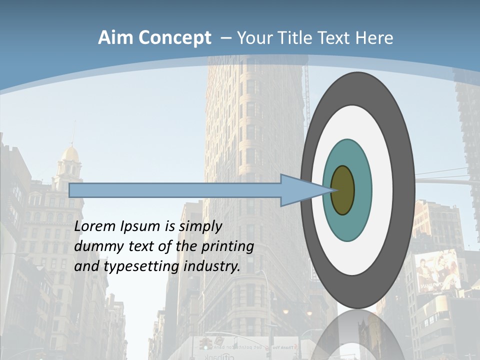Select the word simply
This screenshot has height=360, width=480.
200,227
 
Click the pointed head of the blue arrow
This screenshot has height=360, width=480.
300,190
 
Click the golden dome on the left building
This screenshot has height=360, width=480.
70,154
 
